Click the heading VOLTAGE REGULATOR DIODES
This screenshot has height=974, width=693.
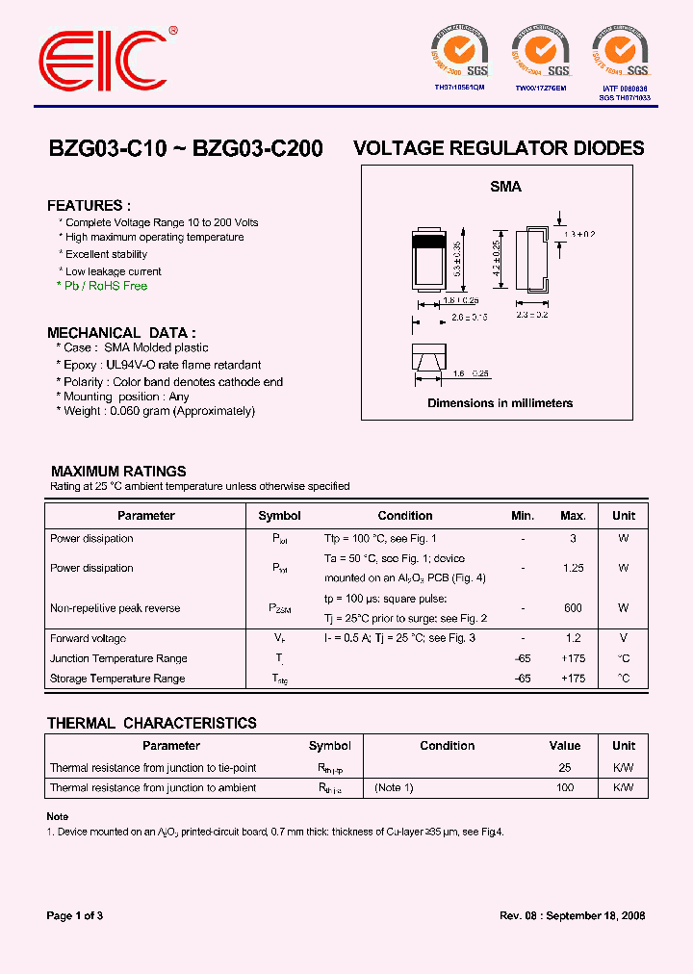tap(499, 148)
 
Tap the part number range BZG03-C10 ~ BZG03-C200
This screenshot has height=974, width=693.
tap(186, 149)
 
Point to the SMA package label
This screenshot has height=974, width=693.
tap(505, 187)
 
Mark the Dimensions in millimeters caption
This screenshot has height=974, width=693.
tap(500, 403)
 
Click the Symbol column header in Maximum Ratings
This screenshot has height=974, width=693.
tap(280, 516)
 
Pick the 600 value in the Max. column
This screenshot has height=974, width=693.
tap(573, 608)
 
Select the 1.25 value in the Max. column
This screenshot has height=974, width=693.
tap(573, 568)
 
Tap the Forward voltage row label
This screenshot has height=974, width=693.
tap(90, 638)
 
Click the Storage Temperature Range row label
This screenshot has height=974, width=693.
tap(117, 679)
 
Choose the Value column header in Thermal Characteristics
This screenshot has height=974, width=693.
tap(564, 746)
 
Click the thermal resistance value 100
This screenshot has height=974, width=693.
tap(564, 787)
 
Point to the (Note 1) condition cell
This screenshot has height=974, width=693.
tap(394, 787)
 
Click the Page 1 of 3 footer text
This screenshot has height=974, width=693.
tap(75, 915)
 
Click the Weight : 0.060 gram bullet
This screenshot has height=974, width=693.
tap(159, 411)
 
